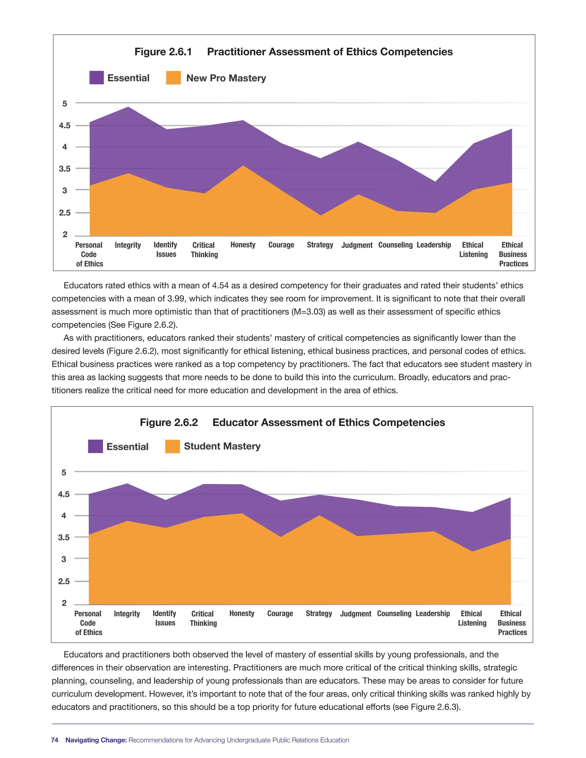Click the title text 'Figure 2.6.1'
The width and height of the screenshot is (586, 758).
[163, 52]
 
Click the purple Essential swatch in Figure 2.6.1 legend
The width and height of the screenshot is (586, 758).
[96, 78]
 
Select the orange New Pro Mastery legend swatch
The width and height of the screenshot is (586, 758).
[173, 78]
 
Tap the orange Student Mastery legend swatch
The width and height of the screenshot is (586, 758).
[173, 446]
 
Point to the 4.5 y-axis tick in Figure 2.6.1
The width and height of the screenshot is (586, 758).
[65, 125]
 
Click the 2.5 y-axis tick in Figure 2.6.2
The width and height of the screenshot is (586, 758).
[64, 581]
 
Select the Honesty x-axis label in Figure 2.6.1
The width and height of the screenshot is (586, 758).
[243, 245]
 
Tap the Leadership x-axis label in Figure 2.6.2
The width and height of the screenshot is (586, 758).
[433, 614]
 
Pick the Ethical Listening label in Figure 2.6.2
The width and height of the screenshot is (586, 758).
[472, 618]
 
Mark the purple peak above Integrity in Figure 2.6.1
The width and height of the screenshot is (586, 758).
[129, 107]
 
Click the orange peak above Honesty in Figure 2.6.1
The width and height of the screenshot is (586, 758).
[243, 166]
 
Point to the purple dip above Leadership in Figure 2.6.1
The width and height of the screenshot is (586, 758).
[435, 182]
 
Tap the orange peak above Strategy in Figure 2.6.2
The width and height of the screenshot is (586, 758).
[319, 516]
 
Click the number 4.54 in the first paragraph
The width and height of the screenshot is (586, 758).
[220, 286]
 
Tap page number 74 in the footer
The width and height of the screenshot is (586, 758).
[54, 740]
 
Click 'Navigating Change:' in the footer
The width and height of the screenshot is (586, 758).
[96, 740]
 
